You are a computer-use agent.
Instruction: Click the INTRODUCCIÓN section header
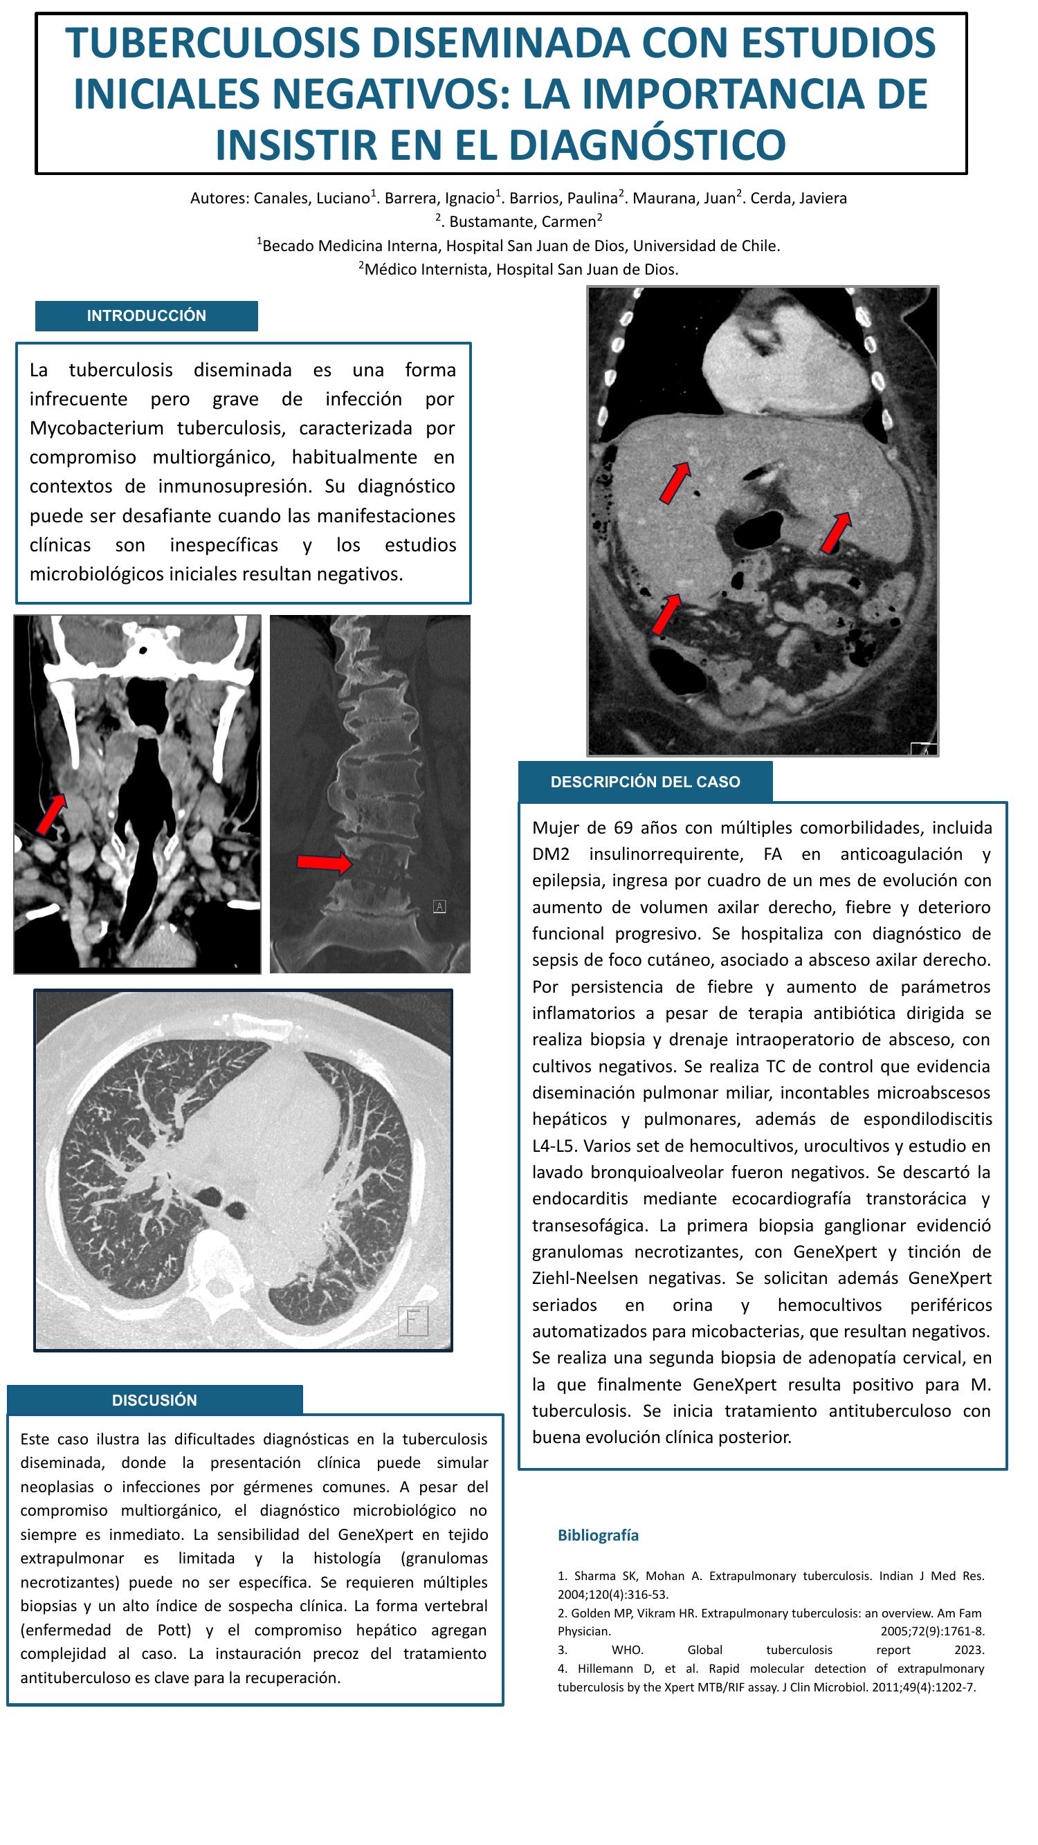click(x=146, y=316)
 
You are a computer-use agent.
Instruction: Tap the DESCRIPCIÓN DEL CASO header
click(x=645, y=782)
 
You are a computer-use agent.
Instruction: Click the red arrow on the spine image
click(x=324, y=863)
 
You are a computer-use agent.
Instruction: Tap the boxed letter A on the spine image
click(x=440, y=907)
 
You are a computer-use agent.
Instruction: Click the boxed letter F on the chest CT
click(x=412, y=1321)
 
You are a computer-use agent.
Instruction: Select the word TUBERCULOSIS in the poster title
click(x=212, y=43)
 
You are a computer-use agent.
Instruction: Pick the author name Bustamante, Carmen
click(x=522, y=222)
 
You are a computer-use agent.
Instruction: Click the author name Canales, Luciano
click(x=311, y=199)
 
